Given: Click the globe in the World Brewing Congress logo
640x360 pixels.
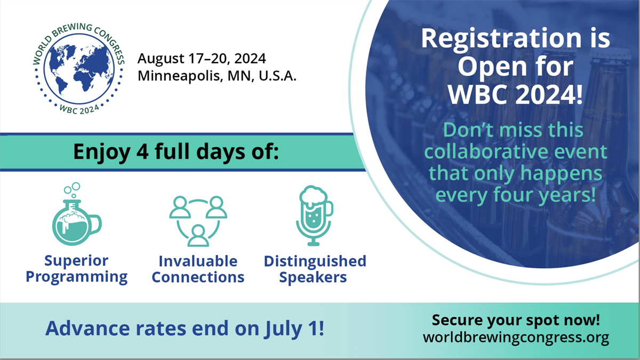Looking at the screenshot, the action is tap(79, 69).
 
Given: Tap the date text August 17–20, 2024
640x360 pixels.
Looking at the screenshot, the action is tap(202, 59).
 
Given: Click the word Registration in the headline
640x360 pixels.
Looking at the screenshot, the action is tap(501, 39).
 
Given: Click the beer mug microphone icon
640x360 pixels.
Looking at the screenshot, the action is tap(314, 215).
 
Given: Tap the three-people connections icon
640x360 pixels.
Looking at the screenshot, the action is tap(198, 221).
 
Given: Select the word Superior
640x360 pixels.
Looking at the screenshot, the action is tap(76, 261).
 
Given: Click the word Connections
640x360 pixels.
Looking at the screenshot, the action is tap(198, 277).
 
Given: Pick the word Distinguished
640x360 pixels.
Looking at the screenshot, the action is tap(315, 261).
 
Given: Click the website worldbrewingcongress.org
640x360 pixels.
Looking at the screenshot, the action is tap(516, 338).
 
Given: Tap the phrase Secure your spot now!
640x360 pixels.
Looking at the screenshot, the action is tap(516, 320).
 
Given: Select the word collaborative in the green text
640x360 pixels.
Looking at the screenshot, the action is tap(486, 151).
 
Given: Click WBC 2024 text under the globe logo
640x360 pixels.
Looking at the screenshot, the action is tap(79, 109).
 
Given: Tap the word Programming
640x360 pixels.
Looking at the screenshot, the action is tap(77, 277).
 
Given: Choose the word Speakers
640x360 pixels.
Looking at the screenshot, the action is tap(313, 277).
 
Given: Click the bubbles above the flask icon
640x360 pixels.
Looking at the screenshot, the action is tap(73, 189).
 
